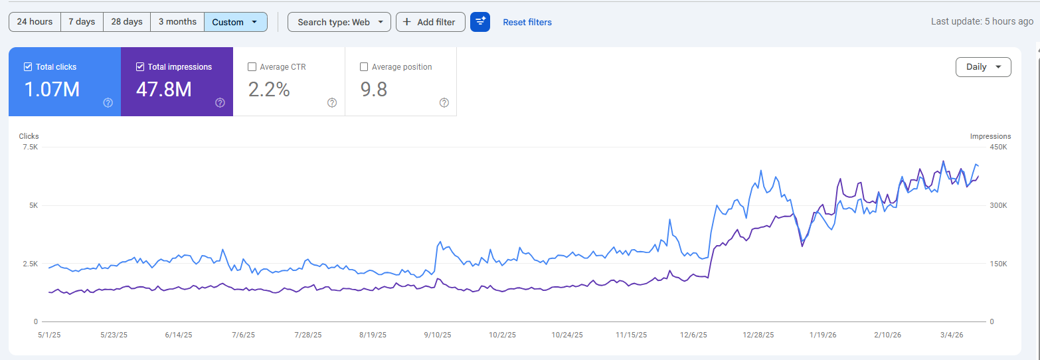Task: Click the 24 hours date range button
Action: [35, 22]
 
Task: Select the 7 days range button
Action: [82, 22]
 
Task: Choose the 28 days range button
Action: [127, 22]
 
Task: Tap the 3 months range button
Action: [177, 22]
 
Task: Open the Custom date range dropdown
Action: [235, 22]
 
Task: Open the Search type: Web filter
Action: [339, 22]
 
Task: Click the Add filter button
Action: [430, 22]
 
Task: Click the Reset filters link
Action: [527, 22]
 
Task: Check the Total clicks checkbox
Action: [28, 66]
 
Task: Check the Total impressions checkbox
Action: [140, 66]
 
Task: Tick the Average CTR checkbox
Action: [252, 66]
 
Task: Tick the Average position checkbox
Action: [364, 66]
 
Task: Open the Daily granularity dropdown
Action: [983, 67]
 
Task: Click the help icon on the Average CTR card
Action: [332, 102]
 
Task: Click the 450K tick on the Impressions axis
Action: [998, 147]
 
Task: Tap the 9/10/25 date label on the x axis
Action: [438, 335]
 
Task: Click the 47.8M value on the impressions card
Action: [163, 89]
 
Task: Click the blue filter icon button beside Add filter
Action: [480, 22]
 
